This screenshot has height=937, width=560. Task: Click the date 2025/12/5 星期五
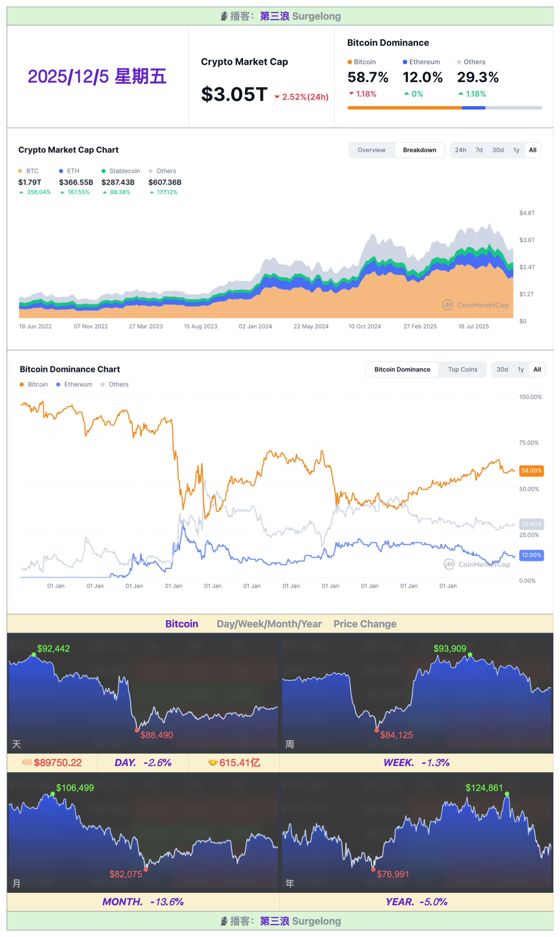coord(97,77)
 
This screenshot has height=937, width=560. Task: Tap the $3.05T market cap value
coord(234,94)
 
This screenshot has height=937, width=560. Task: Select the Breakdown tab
coord(419,150)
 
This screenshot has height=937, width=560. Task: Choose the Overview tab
coord(371,150)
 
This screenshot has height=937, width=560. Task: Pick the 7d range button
coord(479,150)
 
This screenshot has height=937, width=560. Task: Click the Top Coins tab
coord(463,369)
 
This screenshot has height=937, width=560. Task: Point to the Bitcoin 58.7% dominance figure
coord(368,77)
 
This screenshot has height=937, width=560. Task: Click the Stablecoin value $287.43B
coord(118,182)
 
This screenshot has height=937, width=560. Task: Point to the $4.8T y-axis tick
coord(527,213)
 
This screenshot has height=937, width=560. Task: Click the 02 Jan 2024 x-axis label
coord(255,326)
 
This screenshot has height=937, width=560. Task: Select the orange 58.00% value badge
coord(531,470)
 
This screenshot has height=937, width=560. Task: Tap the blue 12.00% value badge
coord(531,555)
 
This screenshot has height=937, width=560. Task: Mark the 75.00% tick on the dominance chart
coord(529,443)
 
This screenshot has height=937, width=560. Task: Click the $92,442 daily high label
coord(54,649)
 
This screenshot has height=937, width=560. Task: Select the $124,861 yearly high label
coord(484,788)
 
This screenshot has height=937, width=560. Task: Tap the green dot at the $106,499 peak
coord(53,794)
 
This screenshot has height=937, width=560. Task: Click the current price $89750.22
coord(58,763)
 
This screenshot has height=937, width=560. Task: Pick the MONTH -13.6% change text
coord(143,902)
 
